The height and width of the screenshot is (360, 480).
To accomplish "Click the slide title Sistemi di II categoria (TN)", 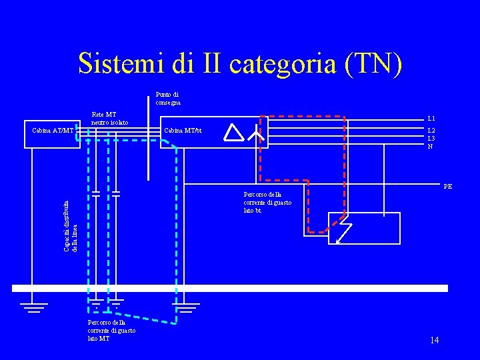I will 240,63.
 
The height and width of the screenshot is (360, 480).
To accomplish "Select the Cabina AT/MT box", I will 53,130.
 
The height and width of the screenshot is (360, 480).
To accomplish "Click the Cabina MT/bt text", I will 183,130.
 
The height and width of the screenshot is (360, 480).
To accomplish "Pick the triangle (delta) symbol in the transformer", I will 234,133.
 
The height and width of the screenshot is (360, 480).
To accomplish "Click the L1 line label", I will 431,119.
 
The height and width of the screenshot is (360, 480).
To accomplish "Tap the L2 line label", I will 431,131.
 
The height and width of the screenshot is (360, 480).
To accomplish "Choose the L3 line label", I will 431,138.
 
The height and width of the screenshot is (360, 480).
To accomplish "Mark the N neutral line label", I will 430,146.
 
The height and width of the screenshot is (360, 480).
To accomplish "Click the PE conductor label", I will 447,187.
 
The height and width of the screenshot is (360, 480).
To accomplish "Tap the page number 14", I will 434,341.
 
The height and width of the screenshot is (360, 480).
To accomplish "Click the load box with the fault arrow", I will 364,229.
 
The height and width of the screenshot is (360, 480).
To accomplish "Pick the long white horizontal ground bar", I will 230,288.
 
